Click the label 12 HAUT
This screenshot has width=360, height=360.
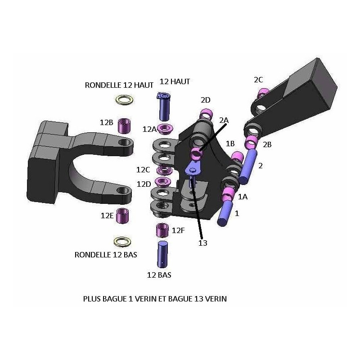coord(175,81)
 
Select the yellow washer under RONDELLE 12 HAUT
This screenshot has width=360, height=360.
coord(124,100)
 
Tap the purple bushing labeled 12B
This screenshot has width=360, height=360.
coord(124,126)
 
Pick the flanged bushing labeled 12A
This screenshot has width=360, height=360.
coord(165,129)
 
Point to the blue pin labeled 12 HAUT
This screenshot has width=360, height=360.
coord(164,107)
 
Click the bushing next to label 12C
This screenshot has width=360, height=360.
coord(164,170)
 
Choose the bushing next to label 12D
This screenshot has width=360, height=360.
coord(163,182)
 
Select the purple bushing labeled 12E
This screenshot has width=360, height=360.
coord(122,216)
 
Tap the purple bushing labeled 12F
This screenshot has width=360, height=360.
coord(162,230)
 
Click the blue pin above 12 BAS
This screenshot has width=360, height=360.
coord(162,254)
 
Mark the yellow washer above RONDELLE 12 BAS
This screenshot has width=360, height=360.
coord(122,242)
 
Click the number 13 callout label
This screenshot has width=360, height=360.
coord(203,243)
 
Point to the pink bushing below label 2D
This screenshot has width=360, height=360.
coord(206,114)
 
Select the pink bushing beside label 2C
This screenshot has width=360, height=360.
coord(263,93)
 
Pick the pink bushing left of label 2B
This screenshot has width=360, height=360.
coord(251,142)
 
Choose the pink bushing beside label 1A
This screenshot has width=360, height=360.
coord(228,194)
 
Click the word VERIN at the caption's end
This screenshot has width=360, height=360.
coord(216,299)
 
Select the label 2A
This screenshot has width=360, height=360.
coord(224,120)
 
